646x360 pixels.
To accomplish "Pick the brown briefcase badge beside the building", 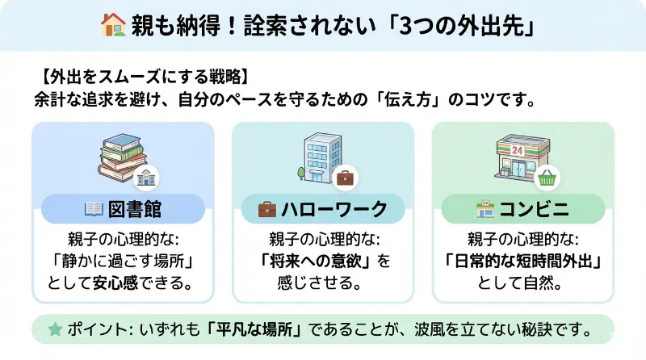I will point(346,178).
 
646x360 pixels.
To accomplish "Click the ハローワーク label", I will point(333,210).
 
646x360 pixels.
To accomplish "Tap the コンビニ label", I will point(535,210).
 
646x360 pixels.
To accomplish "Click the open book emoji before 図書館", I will point(94,210).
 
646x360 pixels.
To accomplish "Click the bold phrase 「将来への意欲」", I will point(317,262).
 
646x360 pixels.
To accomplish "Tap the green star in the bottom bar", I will point(55,329).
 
